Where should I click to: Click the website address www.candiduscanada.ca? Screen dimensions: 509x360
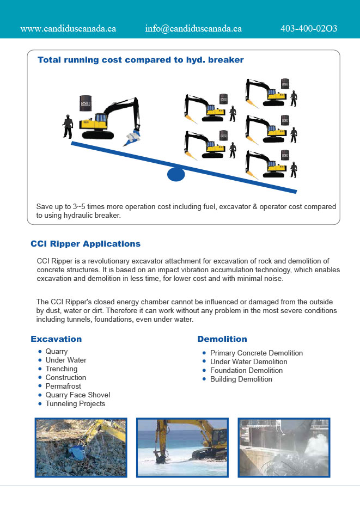point(68,28)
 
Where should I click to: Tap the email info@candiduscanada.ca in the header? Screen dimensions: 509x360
point(193,28)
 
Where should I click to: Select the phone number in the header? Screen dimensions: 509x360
point(309,28)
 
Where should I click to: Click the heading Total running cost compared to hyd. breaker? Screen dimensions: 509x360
point(141,60)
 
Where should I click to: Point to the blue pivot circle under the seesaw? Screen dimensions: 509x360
point(175,174)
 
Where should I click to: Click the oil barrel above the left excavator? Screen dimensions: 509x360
point(84,103)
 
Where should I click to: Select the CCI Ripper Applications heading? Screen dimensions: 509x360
point(86,244)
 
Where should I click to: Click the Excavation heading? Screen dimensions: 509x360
point(56,339)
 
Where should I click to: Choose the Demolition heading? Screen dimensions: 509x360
point(222,339)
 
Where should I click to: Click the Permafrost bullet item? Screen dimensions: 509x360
point(63,386)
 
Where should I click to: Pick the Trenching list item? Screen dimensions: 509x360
point(62,369)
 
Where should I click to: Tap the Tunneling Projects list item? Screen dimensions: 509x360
point(75,403)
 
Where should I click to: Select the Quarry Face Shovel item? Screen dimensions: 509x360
point(77,395)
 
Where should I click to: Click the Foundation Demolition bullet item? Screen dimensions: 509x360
point(246,370)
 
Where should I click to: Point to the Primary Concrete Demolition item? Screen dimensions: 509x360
point(256,353)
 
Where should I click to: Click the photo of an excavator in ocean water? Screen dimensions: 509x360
point(182,447)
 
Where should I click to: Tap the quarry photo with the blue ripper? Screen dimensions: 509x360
point(81,447)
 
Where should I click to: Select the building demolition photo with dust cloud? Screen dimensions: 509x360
point(284,447)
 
